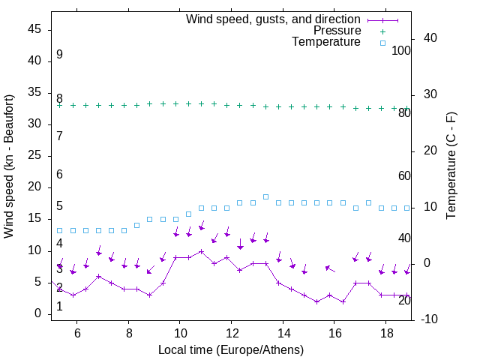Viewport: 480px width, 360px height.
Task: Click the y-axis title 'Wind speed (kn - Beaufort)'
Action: tap(9, 166)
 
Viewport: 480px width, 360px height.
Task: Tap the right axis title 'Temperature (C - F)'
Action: tap(451, 166)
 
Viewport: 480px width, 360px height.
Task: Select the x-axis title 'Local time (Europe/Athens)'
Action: tap(231, 349)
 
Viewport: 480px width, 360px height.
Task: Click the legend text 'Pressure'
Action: tap(337, 31)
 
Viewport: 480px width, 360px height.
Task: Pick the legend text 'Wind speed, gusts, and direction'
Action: tap(274, 19)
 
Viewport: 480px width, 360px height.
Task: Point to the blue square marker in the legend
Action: tap(382, 43)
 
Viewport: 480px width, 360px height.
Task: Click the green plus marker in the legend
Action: tap(382, 31)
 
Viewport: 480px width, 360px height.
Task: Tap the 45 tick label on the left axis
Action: tap(34, 29)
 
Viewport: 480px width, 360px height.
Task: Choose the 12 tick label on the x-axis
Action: tap(232, 332)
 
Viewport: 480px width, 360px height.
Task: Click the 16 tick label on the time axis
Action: tap(334, 332)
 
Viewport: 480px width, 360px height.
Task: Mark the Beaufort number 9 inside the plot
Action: tap(59, 55)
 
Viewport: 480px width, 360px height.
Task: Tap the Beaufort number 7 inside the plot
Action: tap(59, 136)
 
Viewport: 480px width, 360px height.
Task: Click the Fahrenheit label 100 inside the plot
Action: tap(401, 50)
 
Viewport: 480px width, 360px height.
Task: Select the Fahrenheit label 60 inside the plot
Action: tap(404, 175)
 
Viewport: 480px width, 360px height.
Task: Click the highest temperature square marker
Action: tap(265, 196)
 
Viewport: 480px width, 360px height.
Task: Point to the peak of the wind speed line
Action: tap(201, 251)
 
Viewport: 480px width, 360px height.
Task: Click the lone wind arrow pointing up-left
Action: tap(330, 268)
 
